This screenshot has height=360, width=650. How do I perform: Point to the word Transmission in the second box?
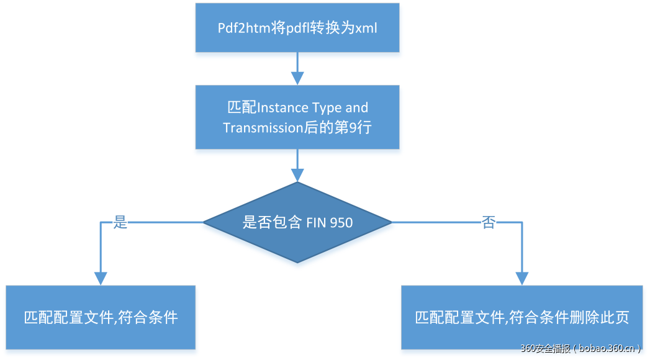click(x=260, y=127)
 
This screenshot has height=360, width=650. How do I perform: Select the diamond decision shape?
click(x=297, y=222)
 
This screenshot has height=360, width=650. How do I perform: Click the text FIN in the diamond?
click(x=317, y=222)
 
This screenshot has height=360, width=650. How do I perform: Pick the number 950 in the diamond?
click(x=341, y=222)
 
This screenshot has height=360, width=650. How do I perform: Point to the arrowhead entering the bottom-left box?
click(x=100, y=278)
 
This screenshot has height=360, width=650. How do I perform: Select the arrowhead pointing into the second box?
click(x=297, y=78)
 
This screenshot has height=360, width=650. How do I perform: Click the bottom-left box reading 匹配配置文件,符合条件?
click(x=101, y=317)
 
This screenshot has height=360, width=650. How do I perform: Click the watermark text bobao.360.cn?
click(x=607, y=349)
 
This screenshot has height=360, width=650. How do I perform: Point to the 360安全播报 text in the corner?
click(x=544, y=349)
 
